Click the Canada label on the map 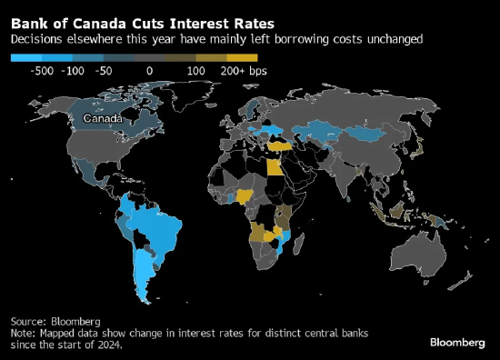[103, 118]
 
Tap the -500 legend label [42, 71]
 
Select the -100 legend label [73, 71]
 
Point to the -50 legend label [104, 71]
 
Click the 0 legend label [150, 71]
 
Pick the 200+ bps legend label [244, 71]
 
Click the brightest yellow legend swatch [242, 57]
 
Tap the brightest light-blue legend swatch [26, 57]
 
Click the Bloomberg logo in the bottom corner [457, 343]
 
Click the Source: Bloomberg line [55, 322]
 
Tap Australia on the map [418, 254]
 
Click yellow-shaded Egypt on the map [275, 167]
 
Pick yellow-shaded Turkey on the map [280, 146]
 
